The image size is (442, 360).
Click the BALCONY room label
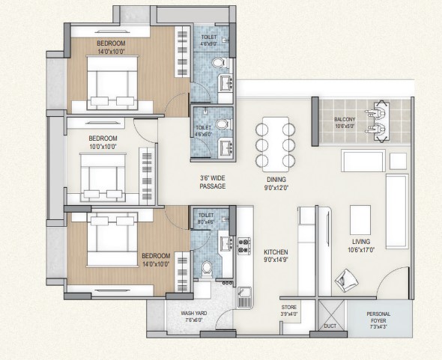(x=345, y=120)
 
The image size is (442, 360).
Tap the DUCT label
(x=330, y=326)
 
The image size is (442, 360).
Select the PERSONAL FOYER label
(x=378, y=317)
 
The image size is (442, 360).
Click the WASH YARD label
(x=194, y=314)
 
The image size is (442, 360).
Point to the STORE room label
(x=289, y=308)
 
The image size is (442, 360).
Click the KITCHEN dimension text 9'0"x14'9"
(x=276, y=260)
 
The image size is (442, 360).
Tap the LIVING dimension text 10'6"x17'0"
(x=361, y=249)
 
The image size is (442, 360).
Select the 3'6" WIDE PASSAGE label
(x=213, y=182)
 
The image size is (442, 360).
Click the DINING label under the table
(x=276, y=180)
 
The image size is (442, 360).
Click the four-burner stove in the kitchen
(x=244, y=246)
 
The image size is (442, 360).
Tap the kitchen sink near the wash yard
(x=244, y=297)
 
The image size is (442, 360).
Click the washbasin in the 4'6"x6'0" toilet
(x=226, y=147)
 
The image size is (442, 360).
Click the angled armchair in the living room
(x=346, y=280)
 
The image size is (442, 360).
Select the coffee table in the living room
(x=360, y=220)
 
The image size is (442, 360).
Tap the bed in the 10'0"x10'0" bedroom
(x=103, y=177)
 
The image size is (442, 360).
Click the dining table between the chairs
(x=276, y=144)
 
